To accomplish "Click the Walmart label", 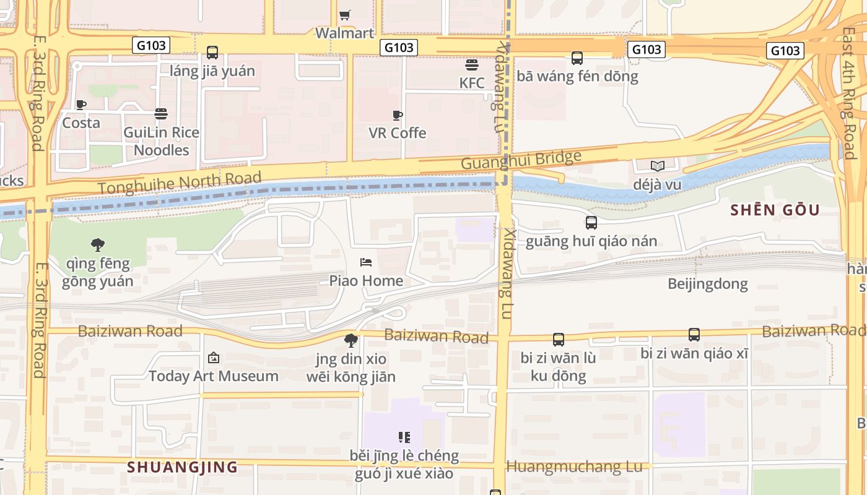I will click(x=344, y=33).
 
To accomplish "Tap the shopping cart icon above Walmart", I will click(x=345, y=15).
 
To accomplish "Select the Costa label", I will click(x=81, y=123).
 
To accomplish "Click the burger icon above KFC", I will click(x=472, y=65).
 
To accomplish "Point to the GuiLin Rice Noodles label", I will click(x=161, y=141).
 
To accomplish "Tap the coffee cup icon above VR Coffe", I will click(x=398, y=115).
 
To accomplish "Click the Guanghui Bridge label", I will click(x=521, y=160).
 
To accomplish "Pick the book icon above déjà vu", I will click(x=657, y=166).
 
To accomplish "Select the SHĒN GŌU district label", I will click(x=775, y=210).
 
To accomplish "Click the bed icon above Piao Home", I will click(x=366, y=262).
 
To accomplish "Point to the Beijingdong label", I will click(x=707, y=284).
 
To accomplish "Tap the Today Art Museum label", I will click(x=213, y=376).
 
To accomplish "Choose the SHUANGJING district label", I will click(x=182, y=467).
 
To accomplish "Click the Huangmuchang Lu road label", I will click(x=574, y=467).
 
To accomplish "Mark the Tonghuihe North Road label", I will click(x=180, y=183).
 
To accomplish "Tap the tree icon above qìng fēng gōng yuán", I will click(x=97, y=245).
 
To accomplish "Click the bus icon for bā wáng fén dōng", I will click(x=577, y=58).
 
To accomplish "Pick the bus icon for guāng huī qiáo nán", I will click(x=591, y=223).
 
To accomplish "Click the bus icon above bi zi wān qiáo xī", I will click(x=694, y=335).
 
